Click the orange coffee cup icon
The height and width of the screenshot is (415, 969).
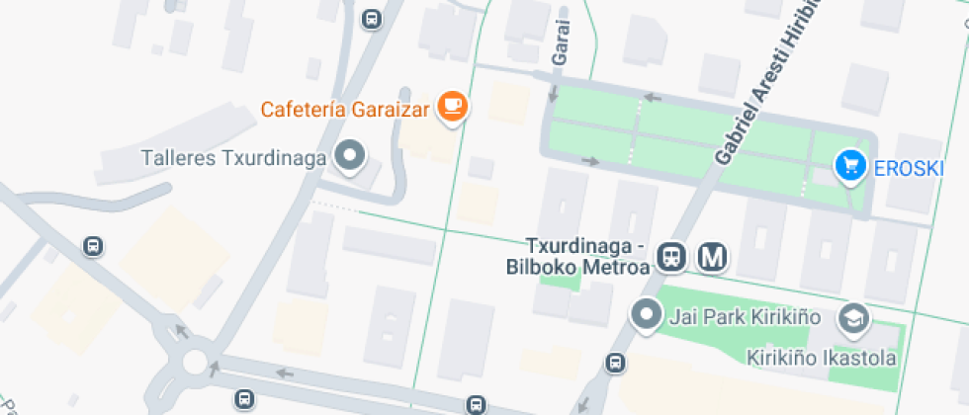click(452, 106)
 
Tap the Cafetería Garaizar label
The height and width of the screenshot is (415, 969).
click(345, 109)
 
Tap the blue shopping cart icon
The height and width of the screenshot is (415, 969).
click(849, 165)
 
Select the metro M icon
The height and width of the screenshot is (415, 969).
click(713, 258)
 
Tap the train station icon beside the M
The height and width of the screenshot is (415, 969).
click(672, 258)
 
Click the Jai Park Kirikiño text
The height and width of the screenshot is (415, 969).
click(746, 317)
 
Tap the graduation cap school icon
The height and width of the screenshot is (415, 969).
click(851, 318)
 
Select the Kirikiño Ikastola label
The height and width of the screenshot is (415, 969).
click(822, 358)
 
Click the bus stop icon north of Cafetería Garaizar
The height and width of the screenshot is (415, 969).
click(372, 19)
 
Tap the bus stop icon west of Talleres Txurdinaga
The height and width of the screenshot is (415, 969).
click(94, 247)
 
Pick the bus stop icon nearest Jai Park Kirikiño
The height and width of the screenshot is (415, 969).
click(616, 364)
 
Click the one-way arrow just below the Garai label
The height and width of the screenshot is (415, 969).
click(553, 95)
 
